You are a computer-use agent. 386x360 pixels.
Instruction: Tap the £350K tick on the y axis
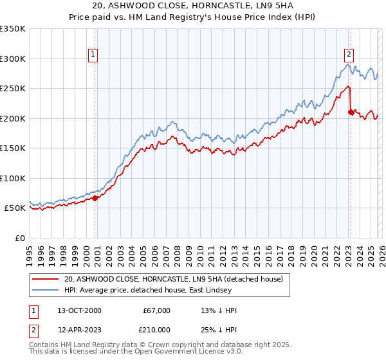click(12, 29)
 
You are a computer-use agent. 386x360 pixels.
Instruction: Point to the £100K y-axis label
click(12, 178)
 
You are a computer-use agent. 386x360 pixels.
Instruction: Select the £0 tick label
click(19, 238)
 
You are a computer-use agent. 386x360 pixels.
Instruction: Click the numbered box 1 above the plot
click(94, 55)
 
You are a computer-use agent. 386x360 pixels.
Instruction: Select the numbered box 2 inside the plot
click(349, 55)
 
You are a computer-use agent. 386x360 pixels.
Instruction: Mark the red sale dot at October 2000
click(95, 198)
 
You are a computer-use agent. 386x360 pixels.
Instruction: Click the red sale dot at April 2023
click(351, 112)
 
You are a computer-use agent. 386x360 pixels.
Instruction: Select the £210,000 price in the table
click(156, 328)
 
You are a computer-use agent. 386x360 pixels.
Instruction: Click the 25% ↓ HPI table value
click(219, 328)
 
